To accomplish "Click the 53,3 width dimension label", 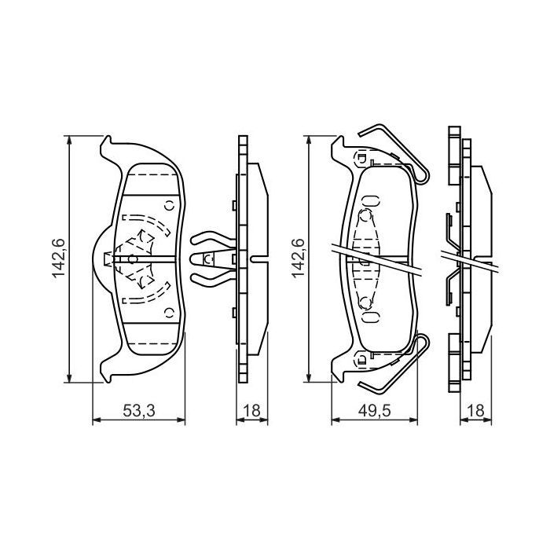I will (138, 410).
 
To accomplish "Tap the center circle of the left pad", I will (133, 258).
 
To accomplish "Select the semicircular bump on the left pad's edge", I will (100, 258).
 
